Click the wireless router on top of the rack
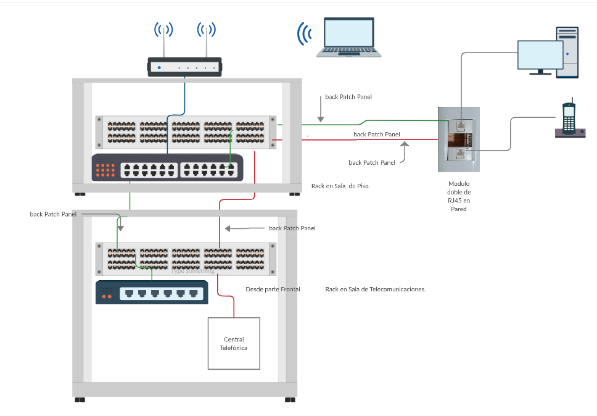click(184, 67)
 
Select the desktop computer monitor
click(540, 56)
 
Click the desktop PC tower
click(567, 52)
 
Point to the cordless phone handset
click(569, 117)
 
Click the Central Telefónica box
click(234, 344)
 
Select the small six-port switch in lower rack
click(152, 292)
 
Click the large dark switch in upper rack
click(167, 167)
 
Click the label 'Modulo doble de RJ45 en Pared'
click(459, 196)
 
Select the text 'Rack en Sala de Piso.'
click(341, 186)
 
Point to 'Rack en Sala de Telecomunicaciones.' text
click(376, 289)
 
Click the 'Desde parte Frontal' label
click(273, 289)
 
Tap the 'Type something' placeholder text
click(193, 271)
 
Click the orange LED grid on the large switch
click(105, 168)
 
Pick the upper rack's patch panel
click(186, 132)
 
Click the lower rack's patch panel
click(186, 259)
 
